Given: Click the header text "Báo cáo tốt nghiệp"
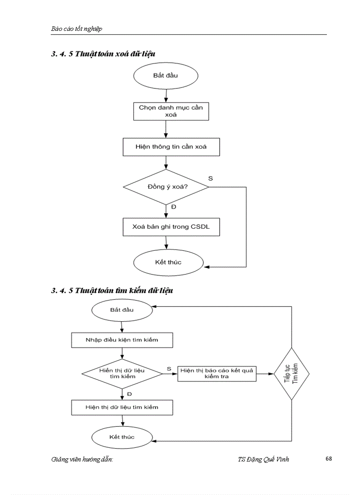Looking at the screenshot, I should [76, 29].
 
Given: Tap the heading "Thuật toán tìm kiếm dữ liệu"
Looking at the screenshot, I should [124, 290].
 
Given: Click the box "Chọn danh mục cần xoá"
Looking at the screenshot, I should [165, 111].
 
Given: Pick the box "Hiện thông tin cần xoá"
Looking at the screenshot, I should [165, 147].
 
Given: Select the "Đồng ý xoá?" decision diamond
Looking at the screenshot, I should [166, 186].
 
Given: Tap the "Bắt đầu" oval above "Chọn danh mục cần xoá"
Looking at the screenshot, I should [165, 75].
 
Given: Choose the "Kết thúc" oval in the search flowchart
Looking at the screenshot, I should [122, 437].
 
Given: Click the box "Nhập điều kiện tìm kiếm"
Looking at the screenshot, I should [122, 340].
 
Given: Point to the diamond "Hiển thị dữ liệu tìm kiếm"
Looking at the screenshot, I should [122, 374].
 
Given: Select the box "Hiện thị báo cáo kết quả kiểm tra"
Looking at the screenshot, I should [217, 374].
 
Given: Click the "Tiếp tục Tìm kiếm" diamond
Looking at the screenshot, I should [291, 374].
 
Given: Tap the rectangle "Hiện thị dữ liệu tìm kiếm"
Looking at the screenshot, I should [122, 407].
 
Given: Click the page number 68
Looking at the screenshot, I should [329, 458].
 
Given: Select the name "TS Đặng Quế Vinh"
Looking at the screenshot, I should [263, 459].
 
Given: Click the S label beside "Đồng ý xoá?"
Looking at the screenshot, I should [210, 178].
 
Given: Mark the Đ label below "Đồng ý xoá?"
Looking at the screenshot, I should [173, 207].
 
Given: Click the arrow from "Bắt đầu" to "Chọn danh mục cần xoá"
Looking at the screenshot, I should [165, 95].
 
